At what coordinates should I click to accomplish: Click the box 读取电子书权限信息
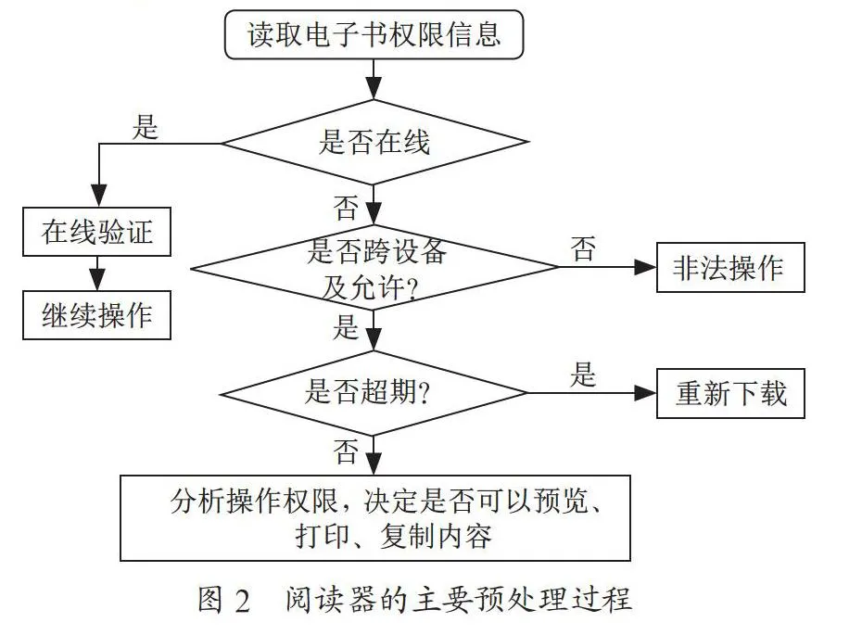pos(374,34)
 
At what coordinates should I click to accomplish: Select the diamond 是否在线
pos(374,142)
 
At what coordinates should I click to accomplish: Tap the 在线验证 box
pos(96,232)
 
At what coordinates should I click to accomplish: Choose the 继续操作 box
pos(96,315)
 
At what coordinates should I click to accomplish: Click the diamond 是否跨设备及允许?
pos(374,268)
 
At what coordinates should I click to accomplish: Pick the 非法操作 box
pos(730,267)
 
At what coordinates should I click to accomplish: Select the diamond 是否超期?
pos(374,393)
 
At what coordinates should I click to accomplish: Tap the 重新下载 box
pos(730,394)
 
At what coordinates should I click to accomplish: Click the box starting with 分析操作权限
pos(375,518)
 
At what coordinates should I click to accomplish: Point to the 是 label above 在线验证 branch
pos(146,127)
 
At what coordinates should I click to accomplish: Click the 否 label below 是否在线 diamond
pos(346,208)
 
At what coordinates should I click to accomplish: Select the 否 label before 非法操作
pos(583,248)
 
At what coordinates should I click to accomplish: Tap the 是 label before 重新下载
pos(583,375)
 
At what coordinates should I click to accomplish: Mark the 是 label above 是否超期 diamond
pos(346,326)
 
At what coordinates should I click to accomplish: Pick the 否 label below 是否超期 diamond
pos(346,452)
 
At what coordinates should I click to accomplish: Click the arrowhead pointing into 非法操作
pos(645,267)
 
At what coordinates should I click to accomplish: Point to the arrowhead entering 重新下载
pos(645,393)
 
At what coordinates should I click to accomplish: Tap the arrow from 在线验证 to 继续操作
pos(97,273)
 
